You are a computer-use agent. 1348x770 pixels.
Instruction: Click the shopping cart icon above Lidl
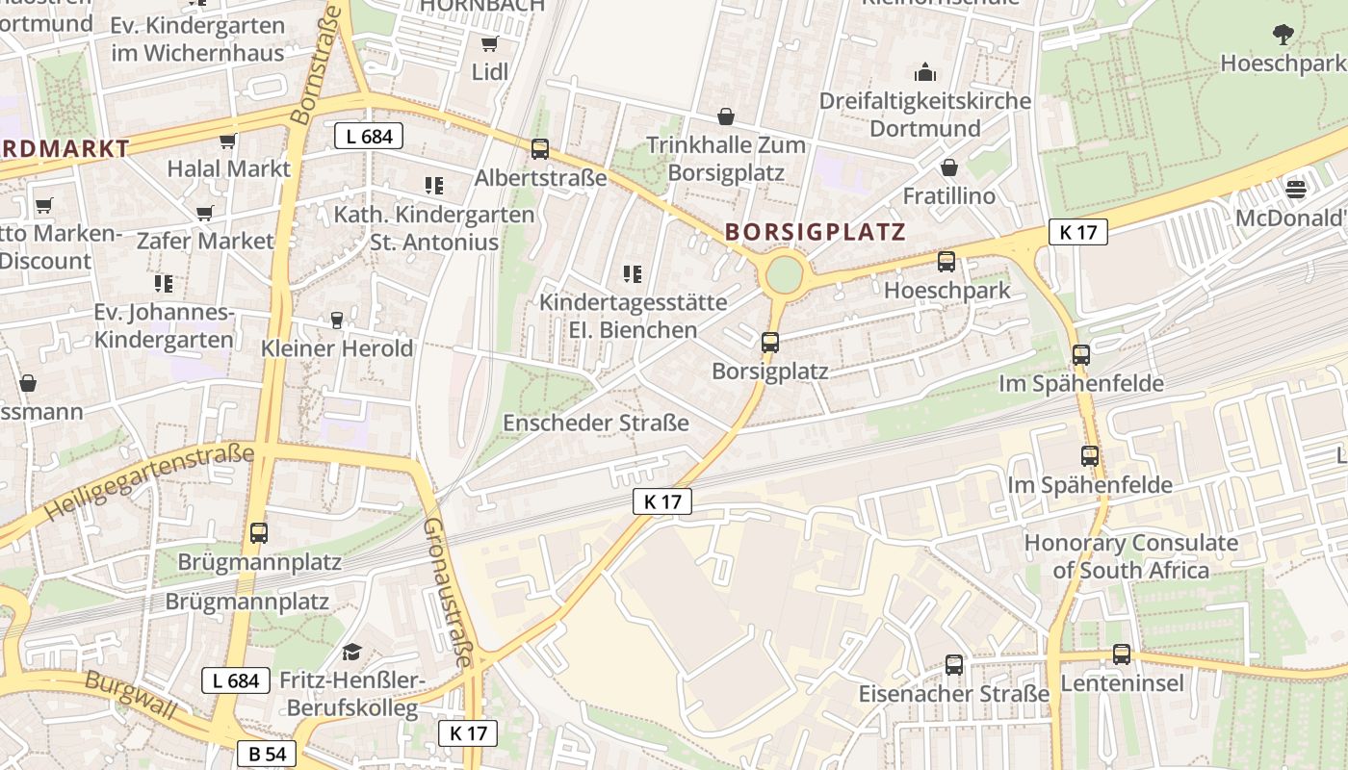pyautogui.click(x=489, y=43)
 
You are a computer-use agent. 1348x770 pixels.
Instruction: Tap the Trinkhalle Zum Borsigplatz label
pyautogui.click(x=726, y=159)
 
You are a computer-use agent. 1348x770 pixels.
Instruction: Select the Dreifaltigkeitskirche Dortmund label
pyautogui.click(x=924, y=115)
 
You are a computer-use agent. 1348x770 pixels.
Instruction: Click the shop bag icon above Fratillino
pyautogui.click(x=949, y=168)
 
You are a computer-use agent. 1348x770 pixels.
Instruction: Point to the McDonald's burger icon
pyautogui.click(x=1296, y=188)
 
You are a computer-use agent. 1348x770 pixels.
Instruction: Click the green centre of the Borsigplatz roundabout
pyautogui.click(x=784, y=275)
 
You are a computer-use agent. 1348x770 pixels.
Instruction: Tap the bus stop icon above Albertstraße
pyautogui.click(x=540, y=149)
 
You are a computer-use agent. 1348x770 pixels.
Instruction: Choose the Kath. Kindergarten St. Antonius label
pyautogui.click(x=434, y=228)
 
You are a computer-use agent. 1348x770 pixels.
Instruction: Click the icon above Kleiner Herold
pyautogui.click(x=337, y=320)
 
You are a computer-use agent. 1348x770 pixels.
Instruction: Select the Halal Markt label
pyautogui.click(x=228, y=168)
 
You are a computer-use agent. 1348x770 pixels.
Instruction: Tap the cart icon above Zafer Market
pyautogui.click(x=204, y=213)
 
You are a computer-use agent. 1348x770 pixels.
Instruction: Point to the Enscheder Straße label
pyautogui.click(x=596, y=423)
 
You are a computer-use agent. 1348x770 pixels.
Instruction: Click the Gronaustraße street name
pyautogui.click(x=448, y=592)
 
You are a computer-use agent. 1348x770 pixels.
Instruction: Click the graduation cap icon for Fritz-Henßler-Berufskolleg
pyautogui.click(x=351, y=653)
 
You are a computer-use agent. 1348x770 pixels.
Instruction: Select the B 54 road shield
pyautogui.click(x=267, y=754)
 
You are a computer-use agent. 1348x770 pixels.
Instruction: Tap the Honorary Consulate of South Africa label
pyautogui.click(x=1130, y=556)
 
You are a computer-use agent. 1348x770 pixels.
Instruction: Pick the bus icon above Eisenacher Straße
pyautogui.click(x=954, y=664)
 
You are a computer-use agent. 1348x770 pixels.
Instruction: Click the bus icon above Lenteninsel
pyautogui.click(x=1122, y=654)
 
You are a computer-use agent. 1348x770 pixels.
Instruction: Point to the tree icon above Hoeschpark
pyautogui.click(x=1283, y=35)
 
